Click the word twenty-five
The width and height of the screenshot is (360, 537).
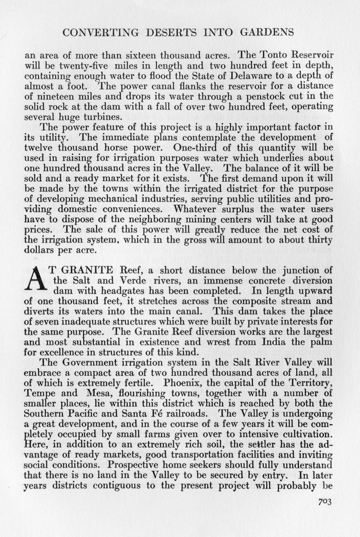click(x=81, y=65)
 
